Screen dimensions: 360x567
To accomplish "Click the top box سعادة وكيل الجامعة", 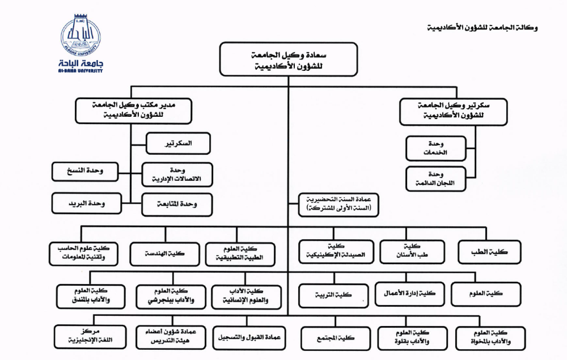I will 289,59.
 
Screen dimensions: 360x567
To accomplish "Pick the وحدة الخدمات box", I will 435,149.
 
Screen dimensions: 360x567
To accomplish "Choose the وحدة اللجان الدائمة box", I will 435,179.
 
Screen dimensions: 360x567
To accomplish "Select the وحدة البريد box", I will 86,203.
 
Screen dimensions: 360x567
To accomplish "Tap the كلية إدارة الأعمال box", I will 410,294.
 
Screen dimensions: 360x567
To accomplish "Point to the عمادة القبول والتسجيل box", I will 249,338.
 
